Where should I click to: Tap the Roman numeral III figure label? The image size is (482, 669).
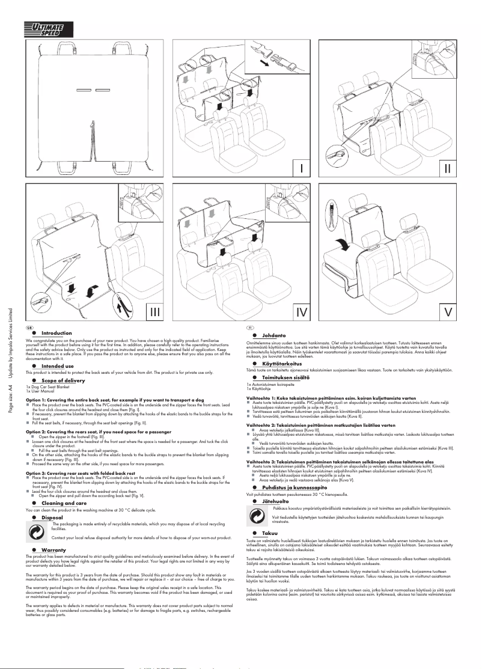156,311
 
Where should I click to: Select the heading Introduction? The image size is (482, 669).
56,333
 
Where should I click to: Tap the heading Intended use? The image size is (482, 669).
58,365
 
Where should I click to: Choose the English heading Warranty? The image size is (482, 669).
53,550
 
